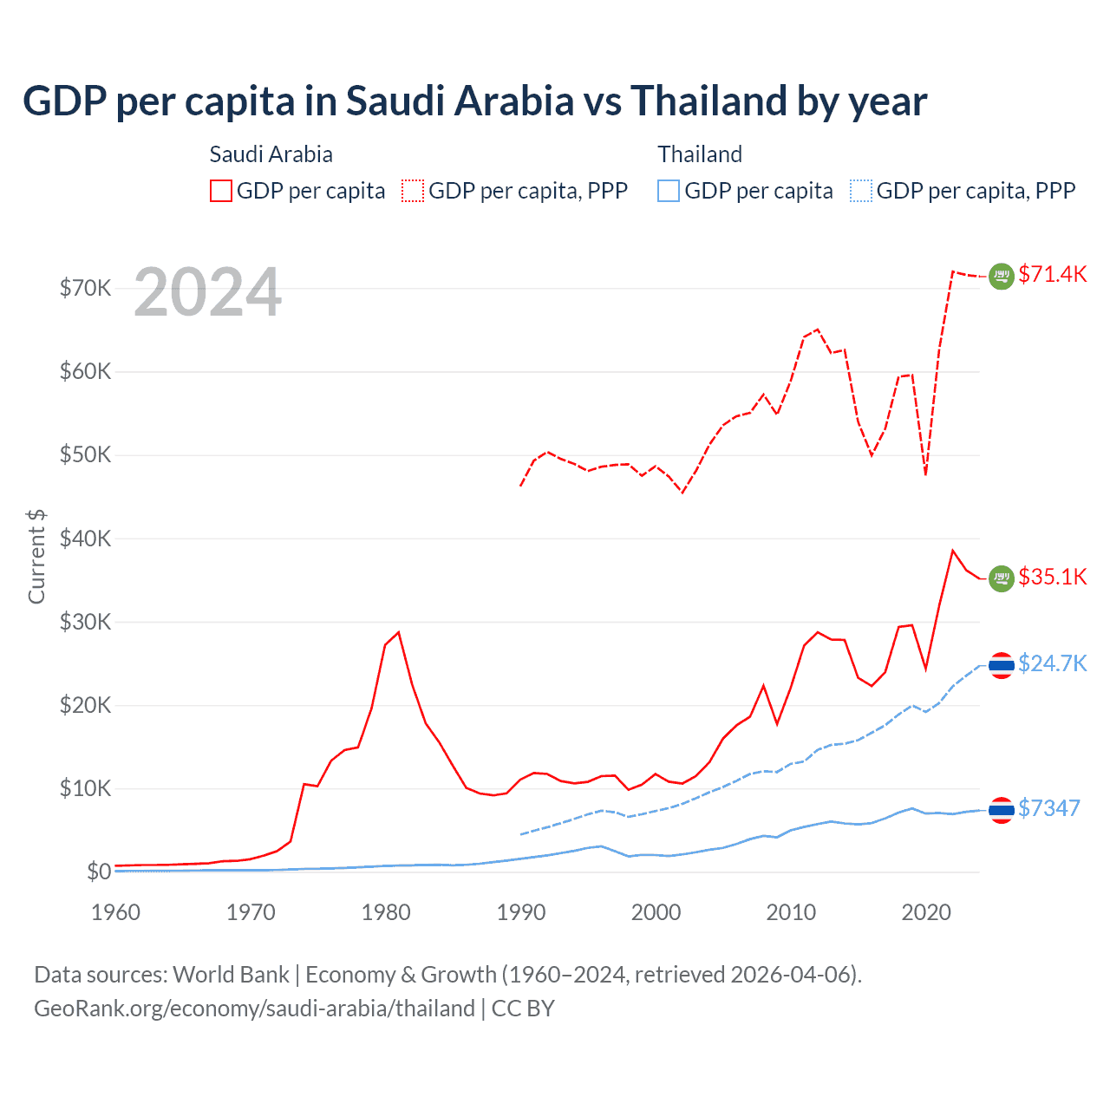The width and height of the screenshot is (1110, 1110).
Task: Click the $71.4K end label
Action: (1052, 274)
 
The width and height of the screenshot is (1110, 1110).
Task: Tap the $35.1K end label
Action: (1052, 577)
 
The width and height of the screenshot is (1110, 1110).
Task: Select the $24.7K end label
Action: (1052, 663)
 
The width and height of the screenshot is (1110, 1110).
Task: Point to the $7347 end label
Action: (1048, 808)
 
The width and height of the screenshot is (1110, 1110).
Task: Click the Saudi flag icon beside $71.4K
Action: (1002, 276)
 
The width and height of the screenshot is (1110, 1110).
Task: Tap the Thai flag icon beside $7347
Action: (1002, 810)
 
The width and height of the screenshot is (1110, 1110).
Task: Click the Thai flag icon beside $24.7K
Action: (1002, 665)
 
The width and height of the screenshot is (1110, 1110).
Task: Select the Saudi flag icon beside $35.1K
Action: (1002, 578)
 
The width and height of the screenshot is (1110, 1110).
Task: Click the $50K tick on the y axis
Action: (85, 455)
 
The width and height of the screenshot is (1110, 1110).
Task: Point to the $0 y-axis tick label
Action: (99, 872)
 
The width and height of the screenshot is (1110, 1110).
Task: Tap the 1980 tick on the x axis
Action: (386, 912)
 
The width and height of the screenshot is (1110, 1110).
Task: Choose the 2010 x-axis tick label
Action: (791, 912)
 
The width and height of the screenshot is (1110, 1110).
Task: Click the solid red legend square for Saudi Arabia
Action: (221, 191)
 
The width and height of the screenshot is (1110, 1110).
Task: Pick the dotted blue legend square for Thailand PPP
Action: (861, 191)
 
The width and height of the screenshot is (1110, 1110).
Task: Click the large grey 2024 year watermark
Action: (208, 293)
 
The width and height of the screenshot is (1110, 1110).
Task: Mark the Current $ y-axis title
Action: (36, 556)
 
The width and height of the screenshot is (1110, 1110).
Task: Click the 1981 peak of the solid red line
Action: (398, 632)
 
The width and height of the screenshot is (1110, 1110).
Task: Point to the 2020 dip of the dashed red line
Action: (926, 474)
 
